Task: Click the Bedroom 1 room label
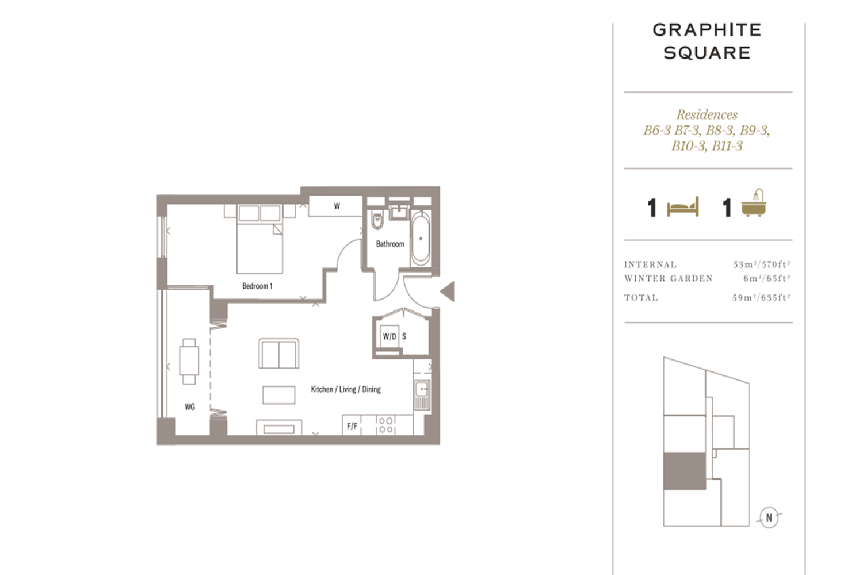257,286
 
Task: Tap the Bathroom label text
390,244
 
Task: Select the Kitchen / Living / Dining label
346,389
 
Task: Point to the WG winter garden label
189,407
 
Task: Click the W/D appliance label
390,336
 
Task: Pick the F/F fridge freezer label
352,426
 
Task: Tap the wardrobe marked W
335,206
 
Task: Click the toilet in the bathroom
377,220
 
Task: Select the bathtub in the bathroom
421,239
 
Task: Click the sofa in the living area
279,354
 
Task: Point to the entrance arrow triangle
447,291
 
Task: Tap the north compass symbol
769,517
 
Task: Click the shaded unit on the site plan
684,471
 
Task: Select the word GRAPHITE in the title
707,30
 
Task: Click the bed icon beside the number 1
683,207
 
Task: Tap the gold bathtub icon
754,203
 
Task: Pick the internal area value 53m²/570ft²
762,264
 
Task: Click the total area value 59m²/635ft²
761,298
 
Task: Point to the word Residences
707,114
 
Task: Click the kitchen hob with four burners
385,425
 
